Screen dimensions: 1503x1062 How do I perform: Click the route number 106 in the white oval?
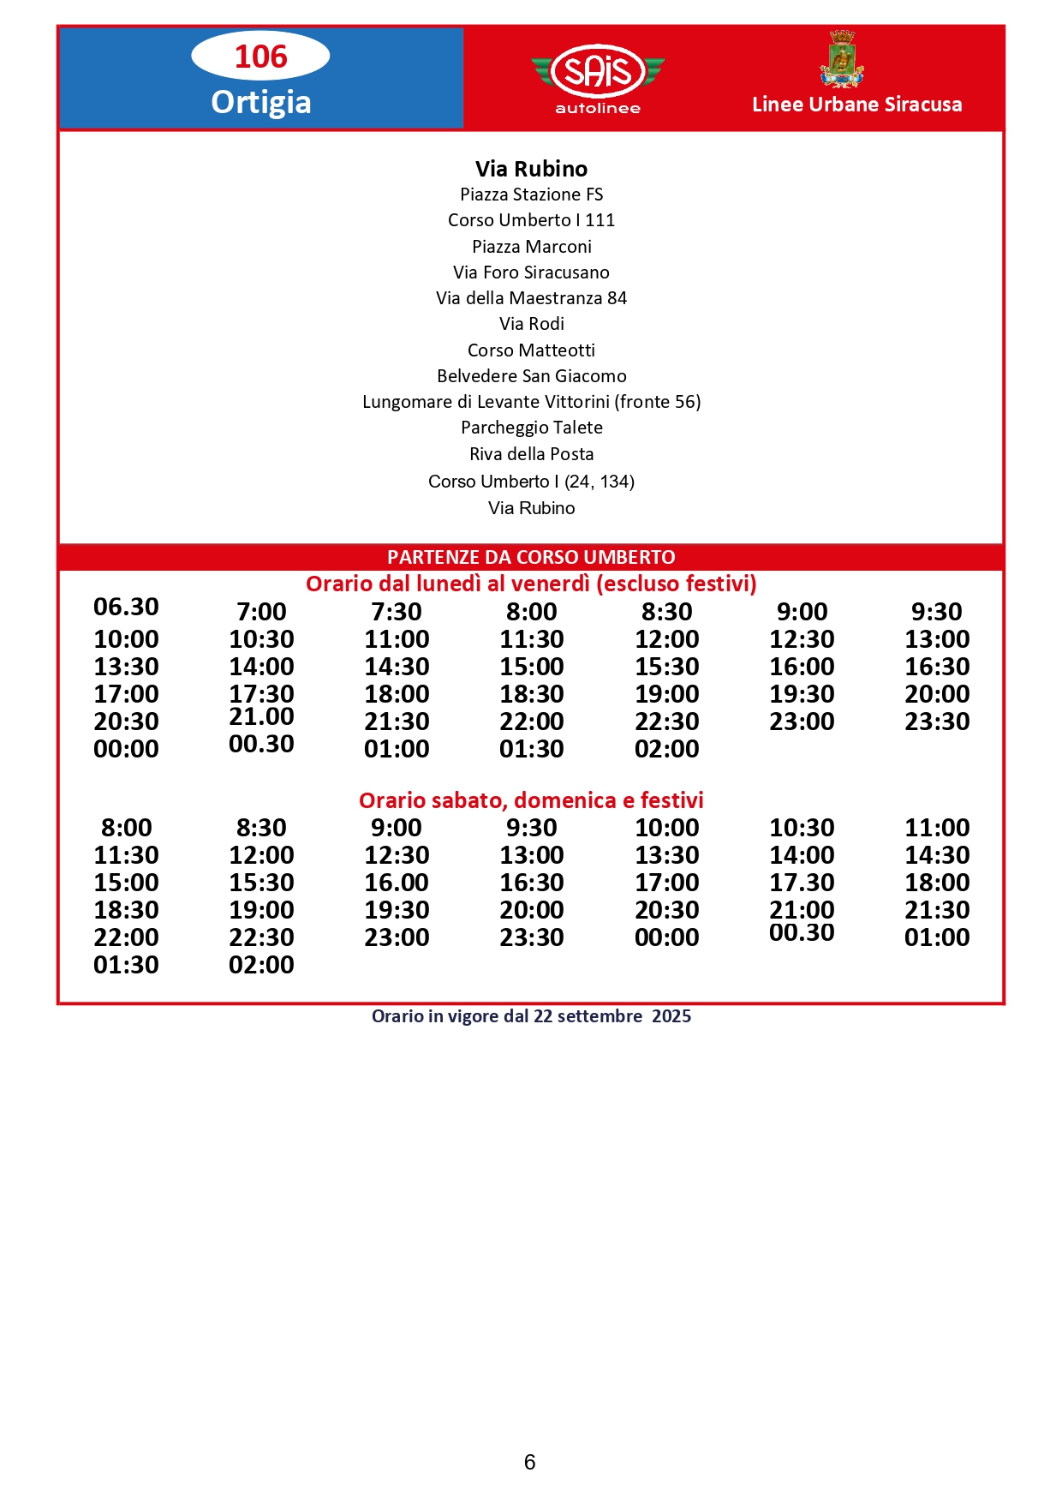pos(260,57)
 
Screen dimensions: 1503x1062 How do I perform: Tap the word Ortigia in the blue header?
pos(260,102)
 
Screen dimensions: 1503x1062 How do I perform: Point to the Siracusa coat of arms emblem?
pos(842,59)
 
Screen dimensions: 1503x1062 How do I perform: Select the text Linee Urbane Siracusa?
pos(856,105)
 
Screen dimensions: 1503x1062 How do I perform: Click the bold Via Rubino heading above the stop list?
pos(531,169)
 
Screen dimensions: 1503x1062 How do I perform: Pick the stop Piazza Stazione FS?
pos(531,195)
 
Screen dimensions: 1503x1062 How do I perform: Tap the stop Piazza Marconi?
pos(531,247)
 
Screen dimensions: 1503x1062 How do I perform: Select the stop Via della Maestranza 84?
pos(531,298)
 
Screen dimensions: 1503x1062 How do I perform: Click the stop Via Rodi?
pos(531,324)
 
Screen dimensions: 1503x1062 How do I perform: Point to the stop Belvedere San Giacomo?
pos(531,376)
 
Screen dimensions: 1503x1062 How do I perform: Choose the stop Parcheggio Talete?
pos(531,428)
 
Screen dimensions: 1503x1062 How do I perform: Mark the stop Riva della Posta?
pos(531,454)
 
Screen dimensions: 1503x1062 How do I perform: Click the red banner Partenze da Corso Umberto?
pos(531,557)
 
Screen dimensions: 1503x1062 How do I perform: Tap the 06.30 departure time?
pos(126,607)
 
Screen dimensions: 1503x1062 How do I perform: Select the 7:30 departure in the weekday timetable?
pos(397,612)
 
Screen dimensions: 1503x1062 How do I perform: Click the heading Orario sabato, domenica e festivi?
pos(531,800)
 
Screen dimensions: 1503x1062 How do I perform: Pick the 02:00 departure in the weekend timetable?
pos(261,965)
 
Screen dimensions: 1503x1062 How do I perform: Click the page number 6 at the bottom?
pos(529,1462)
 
